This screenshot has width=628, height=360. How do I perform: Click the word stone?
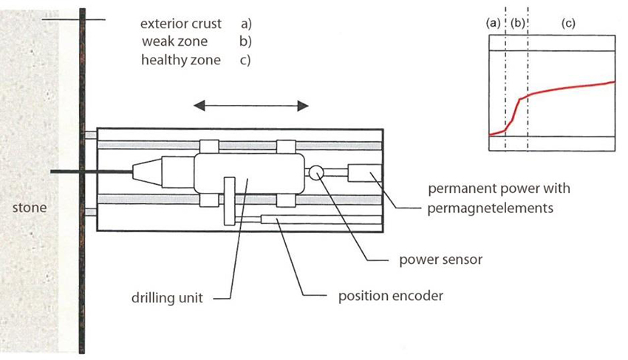pyautogui.click(x=30, y=208)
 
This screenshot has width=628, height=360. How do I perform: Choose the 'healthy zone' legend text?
pyautogui.click(x=180, y=60)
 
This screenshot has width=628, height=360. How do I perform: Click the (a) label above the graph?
pyautogui.click(x=494, y=24)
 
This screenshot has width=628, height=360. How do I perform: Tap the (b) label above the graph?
pyautogui.click(x=517, y=24)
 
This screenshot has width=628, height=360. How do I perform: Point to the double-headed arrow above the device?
pyautogui.click(x=250, y=106)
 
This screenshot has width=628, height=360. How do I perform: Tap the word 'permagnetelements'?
pyautogui.click(x=490, y=208)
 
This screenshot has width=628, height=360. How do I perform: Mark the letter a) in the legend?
pyautogui.click(x=245, y=24)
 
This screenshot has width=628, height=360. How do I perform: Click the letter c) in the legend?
pyautogui.click(x=245, y=60)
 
